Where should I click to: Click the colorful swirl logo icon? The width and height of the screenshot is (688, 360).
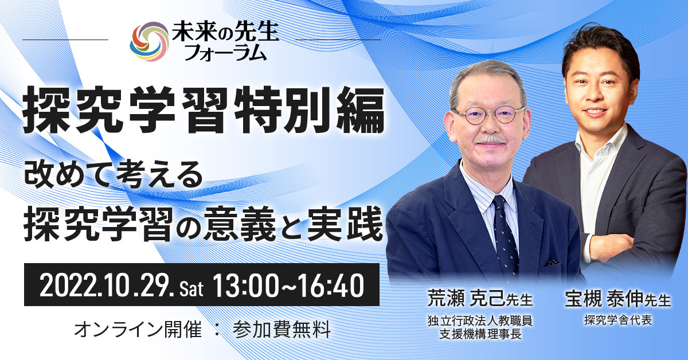[149, 41]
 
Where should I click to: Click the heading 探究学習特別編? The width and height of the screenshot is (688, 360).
[204, 109]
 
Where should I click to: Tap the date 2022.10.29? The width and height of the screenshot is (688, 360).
[105, 285]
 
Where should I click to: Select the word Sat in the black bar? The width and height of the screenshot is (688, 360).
[191, 289]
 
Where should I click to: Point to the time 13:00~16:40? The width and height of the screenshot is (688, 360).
[288, 285]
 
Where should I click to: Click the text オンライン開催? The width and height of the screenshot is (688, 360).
[138, 330]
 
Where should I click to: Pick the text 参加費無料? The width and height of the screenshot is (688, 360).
[282, 330]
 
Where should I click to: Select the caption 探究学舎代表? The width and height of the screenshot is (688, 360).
[618, 320]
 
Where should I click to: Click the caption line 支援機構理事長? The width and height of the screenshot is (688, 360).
[480, 334]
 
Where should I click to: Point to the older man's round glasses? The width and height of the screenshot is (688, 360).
[488, 114]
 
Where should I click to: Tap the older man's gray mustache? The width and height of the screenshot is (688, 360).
[491, 140]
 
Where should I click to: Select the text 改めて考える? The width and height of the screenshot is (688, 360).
[114, 177]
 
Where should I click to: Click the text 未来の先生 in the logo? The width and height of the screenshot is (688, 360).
[225, 32]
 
